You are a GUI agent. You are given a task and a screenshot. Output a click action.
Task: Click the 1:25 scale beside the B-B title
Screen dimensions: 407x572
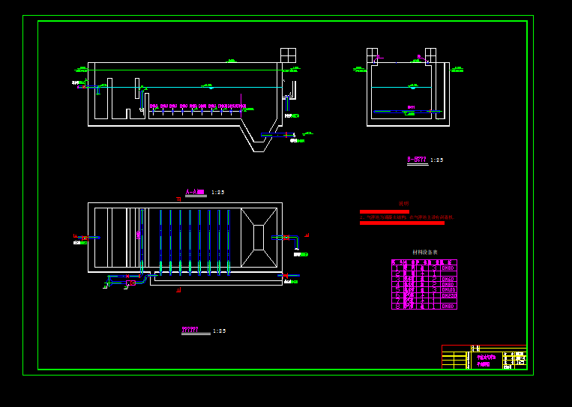click(x=436, y=160)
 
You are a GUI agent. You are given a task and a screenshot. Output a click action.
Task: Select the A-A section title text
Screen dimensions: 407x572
click(x=194, y=193)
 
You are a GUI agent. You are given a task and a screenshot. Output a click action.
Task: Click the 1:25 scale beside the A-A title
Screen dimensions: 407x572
click(x=217, y=193)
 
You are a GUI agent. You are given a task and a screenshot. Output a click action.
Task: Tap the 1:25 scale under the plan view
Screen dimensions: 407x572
click(x=219, y=331)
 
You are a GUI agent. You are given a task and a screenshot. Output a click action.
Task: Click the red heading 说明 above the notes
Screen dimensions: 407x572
click(x=404, y=203)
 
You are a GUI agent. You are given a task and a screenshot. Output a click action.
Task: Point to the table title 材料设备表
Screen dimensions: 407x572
click(x=425, y=252)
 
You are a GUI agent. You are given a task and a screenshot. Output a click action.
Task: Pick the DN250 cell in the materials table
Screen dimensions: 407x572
click(x=448, y=295)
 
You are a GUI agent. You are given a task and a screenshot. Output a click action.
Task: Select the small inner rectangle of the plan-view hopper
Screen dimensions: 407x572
click(x=259, y=238)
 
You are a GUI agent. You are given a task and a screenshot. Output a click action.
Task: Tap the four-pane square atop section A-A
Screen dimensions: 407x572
click(x=288, y=55)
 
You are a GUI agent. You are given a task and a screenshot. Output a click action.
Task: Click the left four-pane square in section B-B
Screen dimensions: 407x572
click(x=372, y=55)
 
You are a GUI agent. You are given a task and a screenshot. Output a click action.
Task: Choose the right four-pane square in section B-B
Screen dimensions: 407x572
click(x=430, y=55)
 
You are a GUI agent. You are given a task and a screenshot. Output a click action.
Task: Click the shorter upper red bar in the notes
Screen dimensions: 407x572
click(x=384, y=211)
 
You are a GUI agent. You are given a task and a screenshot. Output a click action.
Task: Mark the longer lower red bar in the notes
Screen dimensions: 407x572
click(x=402, y=223)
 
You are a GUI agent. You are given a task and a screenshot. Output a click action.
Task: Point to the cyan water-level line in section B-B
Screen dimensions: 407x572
click(x=401, y=88)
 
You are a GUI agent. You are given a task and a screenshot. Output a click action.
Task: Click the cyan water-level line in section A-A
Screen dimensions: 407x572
click(x=187, y=87)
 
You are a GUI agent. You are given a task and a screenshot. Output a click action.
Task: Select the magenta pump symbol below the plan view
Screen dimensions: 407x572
click(x=132, y=283)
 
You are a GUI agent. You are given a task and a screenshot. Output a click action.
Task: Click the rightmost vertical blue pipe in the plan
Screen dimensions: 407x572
click(x=229, y=240)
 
